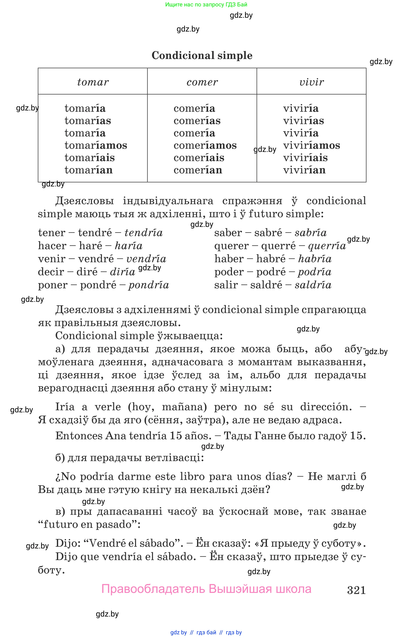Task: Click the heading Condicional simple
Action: pos(202,55)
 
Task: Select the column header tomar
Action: pos(93,82)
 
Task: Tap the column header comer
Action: pos(202,82)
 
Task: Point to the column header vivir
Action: pos(312,82)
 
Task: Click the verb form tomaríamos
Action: pos(96,145)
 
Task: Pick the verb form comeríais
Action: pos(199,158)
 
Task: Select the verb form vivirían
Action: pos(304,170)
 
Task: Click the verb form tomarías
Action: pos(88,121)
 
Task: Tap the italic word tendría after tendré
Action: pos(144,232)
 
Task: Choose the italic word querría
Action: pos(327,246)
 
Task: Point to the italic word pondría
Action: pos(149,285)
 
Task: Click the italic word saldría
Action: pos(313,285)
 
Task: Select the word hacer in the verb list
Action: pos(52,246)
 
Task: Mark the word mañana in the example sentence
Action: pos(184,407)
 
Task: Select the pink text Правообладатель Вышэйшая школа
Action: pos(206,589)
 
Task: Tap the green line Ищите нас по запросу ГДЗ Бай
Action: pos(206,4)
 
